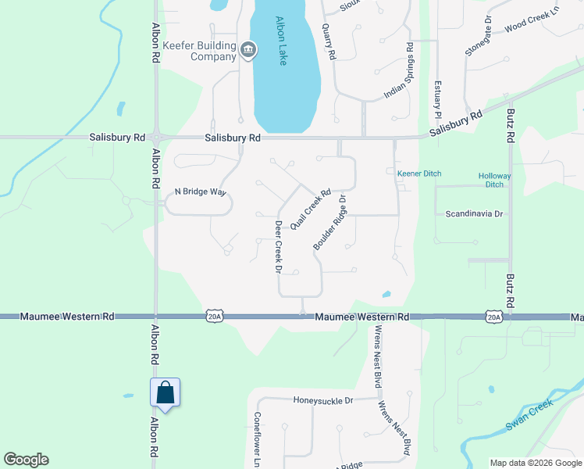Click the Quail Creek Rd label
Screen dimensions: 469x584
pos(311,209)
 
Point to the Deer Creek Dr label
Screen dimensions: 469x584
pos(277,246)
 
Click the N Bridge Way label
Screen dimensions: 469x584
pos(200,192)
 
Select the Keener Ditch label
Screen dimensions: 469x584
pos(420,172)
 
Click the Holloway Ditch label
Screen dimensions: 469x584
pos(495,181)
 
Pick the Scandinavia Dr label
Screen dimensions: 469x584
pos(477,213)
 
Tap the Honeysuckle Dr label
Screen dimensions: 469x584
pos(323,400)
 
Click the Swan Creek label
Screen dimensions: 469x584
pos(529,415)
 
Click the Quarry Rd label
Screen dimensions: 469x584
pos(329,41)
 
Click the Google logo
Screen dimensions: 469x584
pos(27,460)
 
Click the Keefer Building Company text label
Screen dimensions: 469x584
pos(198,51)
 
